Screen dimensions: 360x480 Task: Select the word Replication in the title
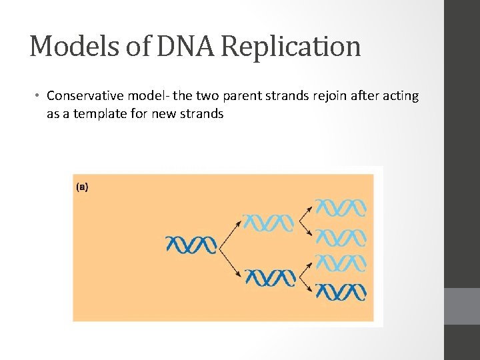291,47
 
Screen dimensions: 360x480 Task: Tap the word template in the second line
112,113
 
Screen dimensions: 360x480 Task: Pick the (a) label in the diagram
81,187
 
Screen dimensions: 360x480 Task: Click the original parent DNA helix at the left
191,245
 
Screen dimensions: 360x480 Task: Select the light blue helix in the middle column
268,223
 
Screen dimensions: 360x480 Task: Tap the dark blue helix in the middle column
269,277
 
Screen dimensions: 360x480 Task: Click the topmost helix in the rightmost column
341,207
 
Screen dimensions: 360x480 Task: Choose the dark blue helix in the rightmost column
341,291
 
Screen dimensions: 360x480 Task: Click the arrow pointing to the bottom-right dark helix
306,285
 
